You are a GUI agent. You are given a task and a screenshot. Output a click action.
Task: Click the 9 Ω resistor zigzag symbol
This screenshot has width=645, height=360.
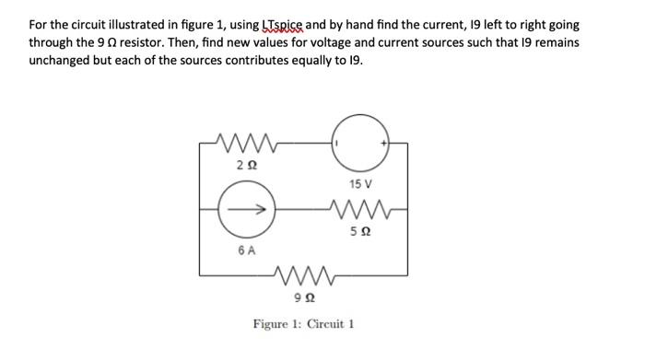click(x=302, y=273)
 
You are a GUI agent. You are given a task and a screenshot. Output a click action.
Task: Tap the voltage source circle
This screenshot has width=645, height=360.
click(x=362, y=144)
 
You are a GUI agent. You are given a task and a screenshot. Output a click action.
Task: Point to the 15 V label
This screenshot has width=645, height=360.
click(x=361, y=184)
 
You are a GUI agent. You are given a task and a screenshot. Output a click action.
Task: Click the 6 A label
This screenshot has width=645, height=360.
click(x=246, y=250)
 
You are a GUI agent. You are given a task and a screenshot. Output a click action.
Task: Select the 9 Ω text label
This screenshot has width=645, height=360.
click(x=301, y=296)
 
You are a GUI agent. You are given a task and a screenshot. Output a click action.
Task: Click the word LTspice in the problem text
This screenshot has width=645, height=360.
click(x=260, y=27)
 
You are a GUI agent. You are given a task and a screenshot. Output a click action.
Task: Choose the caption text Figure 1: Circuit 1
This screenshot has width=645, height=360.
click(x=304, y=324)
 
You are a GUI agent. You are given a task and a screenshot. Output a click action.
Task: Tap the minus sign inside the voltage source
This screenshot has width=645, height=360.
click(x=338, y=144)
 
